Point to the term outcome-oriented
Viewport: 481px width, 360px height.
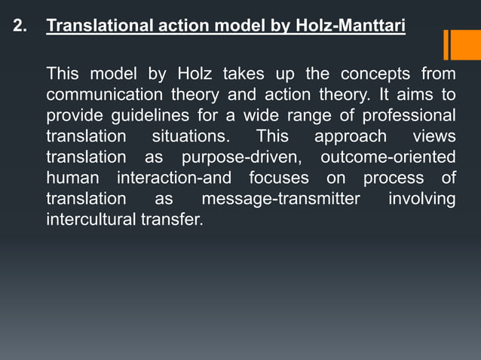point(388,158)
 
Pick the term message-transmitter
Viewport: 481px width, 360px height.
point(280,200)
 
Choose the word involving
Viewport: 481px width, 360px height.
point(421,200)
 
